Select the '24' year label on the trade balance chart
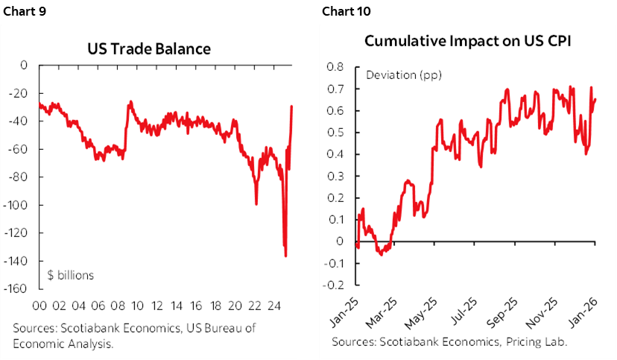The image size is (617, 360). coord(273,306)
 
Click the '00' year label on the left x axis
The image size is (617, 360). coord(42,306)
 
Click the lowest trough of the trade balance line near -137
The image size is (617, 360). coord(285,256)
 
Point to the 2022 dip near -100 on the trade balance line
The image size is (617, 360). coord(256,203)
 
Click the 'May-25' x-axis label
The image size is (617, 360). coord(423,309)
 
